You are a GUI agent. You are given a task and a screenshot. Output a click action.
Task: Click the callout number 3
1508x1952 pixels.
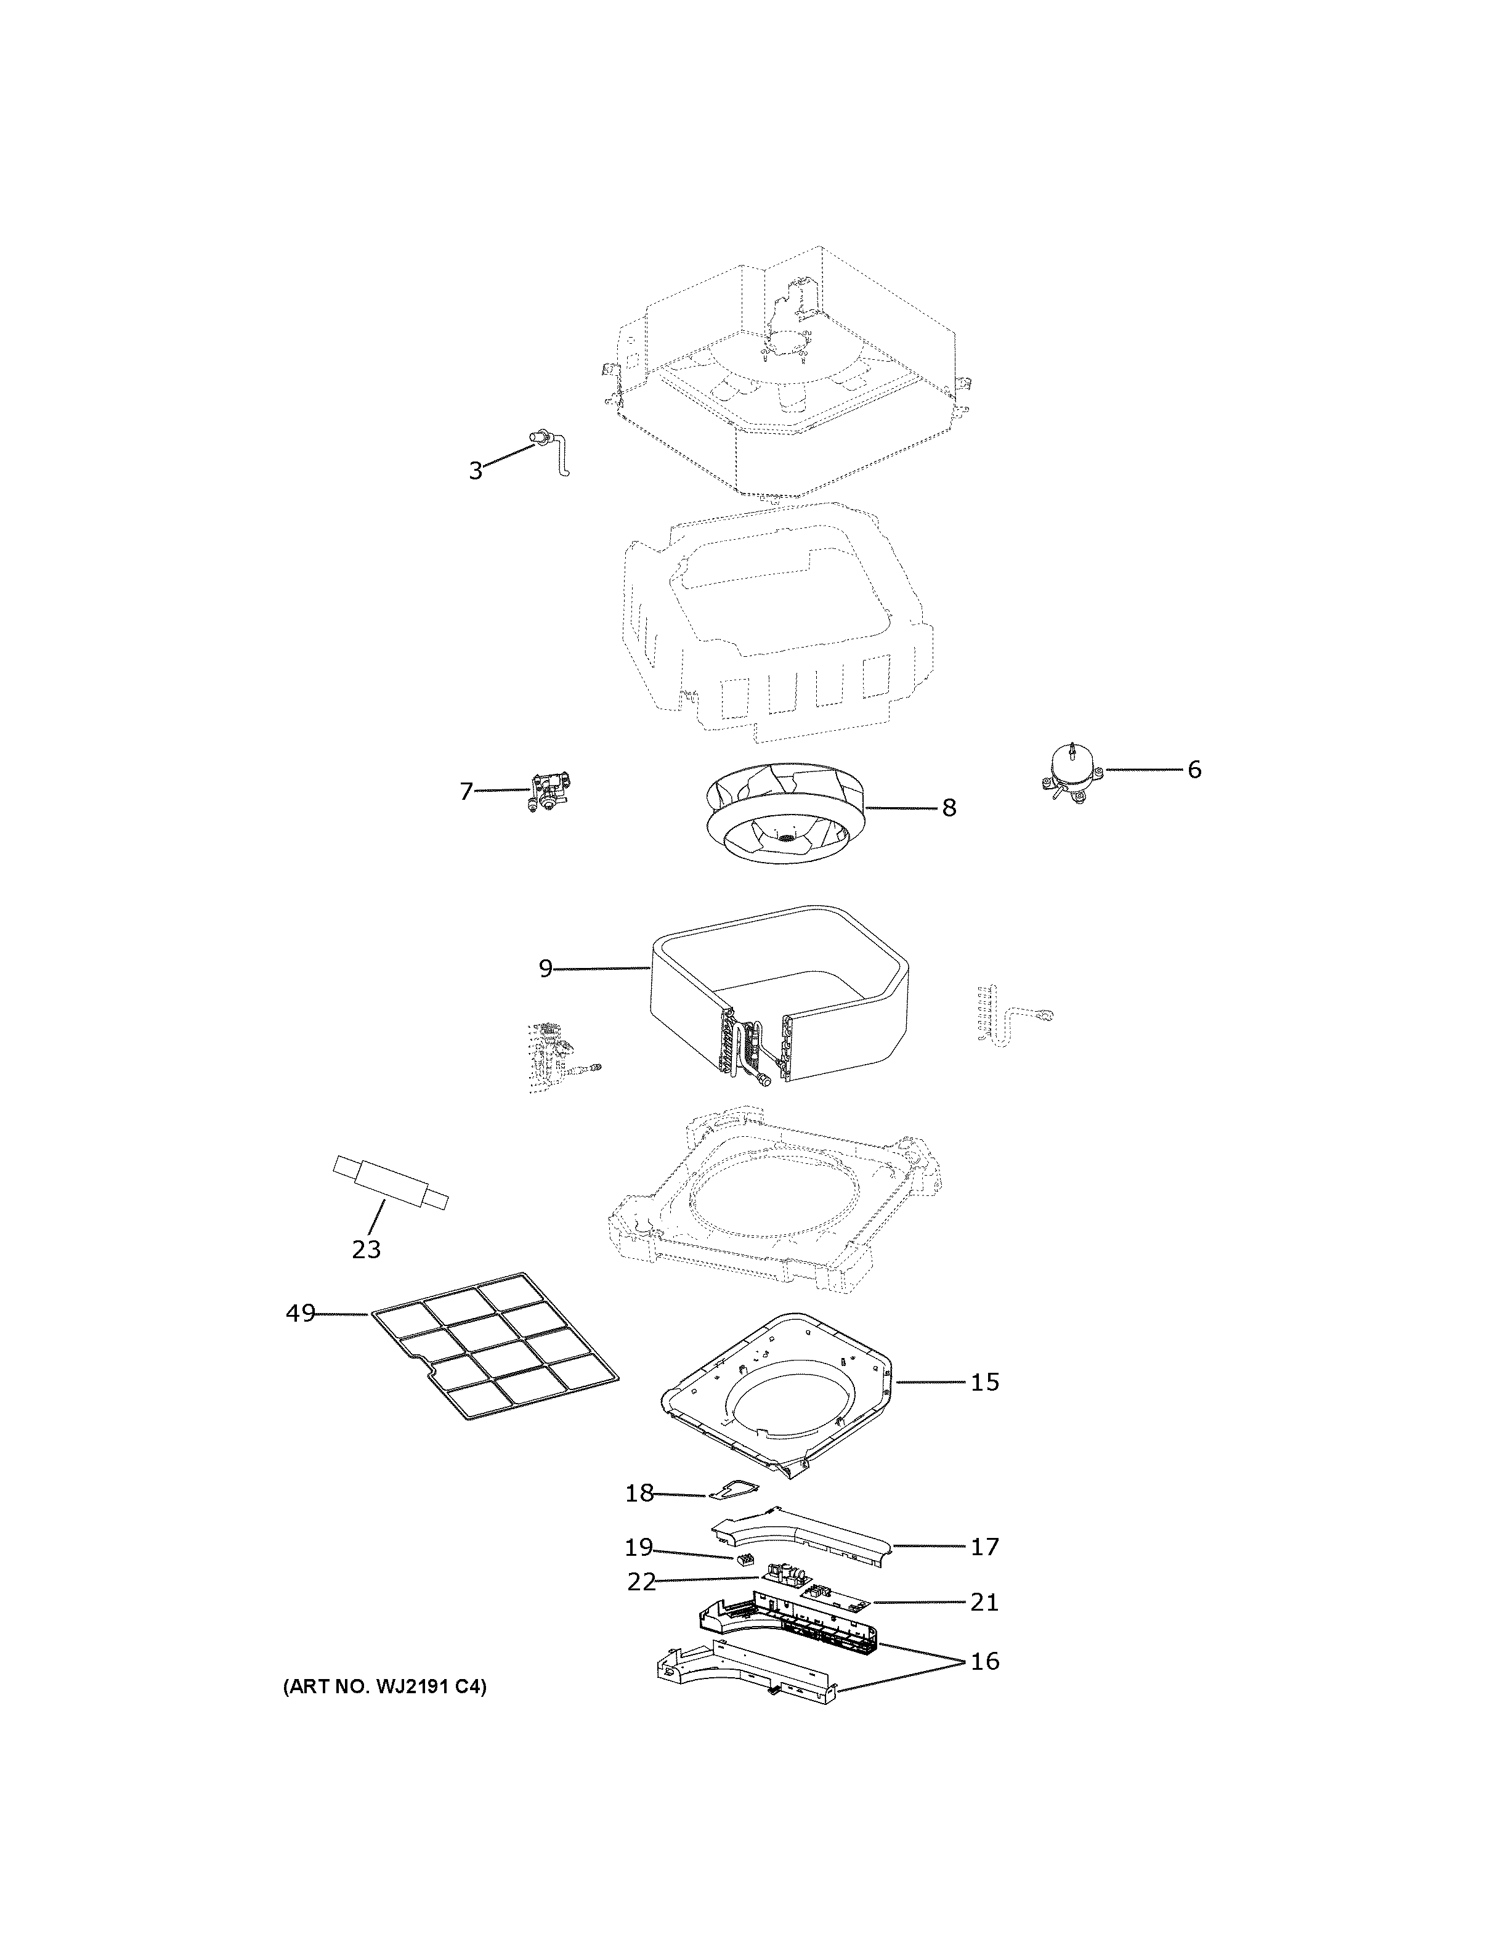476,471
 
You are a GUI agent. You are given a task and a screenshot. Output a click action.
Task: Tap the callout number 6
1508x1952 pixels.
1194,770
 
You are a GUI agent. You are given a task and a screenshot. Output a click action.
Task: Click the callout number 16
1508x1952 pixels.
984,1662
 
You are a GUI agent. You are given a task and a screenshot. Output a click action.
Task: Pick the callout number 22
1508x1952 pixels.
641,1582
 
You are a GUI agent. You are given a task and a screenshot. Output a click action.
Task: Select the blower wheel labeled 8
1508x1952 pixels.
782,811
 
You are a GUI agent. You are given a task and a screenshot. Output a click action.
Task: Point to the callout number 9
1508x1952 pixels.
545,969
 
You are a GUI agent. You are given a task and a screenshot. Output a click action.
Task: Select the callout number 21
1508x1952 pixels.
984,1603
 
